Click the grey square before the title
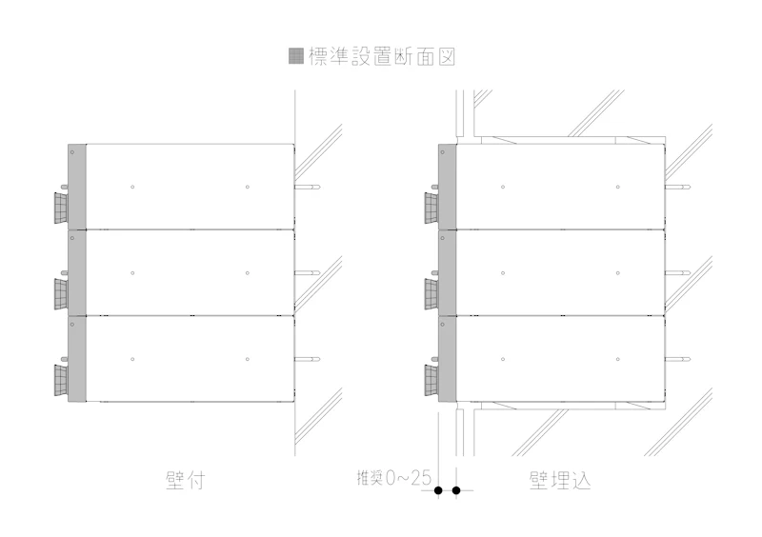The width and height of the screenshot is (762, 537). pyautogui.click(x=296, y=56)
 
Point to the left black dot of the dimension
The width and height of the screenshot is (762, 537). pyautogui.click(x=438, y=491)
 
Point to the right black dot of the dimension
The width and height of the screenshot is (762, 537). pyautogui.click(x=456, y=491)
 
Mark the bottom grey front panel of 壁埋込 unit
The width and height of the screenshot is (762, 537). pyautogui.click(x=448, y=360)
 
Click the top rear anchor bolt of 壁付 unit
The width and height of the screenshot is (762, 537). pyautogui.click(x=307, y=187)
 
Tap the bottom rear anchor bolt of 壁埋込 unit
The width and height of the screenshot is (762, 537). pyautogui.click(x=677, y=359)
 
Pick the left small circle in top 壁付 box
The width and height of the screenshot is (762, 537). pyautogui.click(x=133, y=187)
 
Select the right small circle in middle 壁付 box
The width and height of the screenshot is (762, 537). pyautogui.click(x=247, y=273)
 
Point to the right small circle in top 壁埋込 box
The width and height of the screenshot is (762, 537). pyautogui.click(x=617, y=187)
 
